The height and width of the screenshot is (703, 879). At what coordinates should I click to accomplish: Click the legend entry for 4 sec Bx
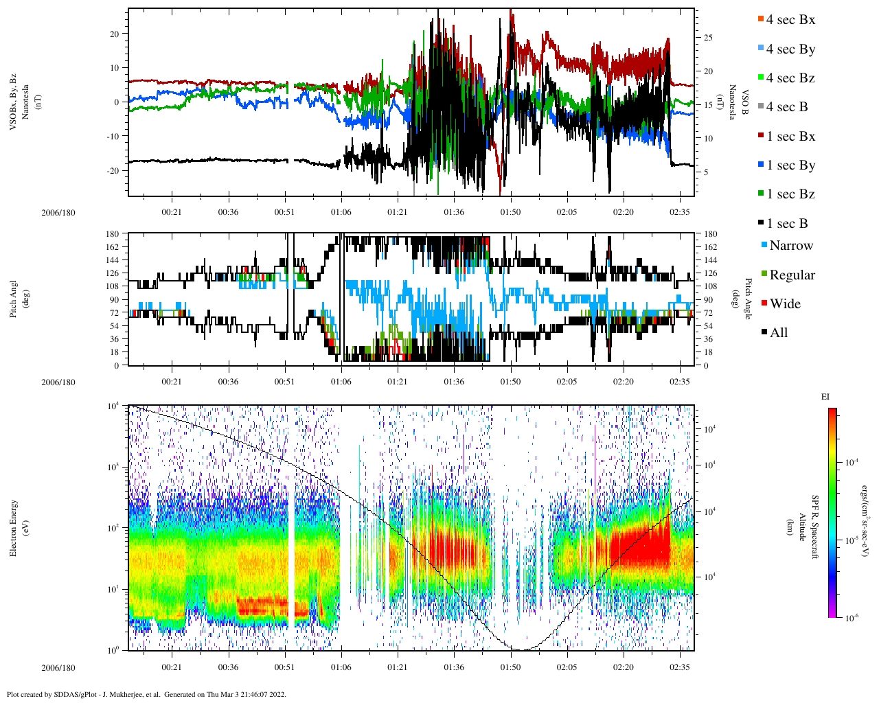coord(790,20)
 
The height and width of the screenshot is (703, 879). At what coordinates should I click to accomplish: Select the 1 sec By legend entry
coord(790,165)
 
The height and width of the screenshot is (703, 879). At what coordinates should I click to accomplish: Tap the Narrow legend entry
coord(790,246)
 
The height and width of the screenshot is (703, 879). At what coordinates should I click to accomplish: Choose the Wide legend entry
coord(785,304)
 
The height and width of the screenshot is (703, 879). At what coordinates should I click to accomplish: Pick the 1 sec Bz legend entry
coord(790,194)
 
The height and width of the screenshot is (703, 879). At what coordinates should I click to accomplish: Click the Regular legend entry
coord(792,275)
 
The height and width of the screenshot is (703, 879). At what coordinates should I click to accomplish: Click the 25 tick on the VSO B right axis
coord(708,38)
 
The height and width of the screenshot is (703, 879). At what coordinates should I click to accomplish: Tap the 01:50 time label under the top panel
coord(510,212)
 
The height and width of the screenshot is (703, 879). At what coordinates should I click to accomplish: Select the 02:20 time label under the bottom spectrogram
coord(623,667)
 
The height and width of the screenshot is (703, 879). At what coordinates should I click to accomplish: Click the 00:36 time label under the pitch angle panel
coord(228,382)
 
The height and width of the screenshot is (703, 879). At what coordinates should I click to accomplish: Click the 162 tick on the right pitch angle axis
coord(710,247)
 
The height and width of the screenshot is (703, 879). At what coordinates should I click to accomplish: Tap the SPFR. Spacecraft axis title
coord(815,527)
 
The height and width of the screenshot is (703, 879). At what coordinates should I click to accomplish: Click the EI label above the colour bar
coord(825,397)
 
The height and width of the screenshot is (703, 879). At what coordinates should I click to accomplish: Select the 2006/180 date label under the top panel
coord(58,212)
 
